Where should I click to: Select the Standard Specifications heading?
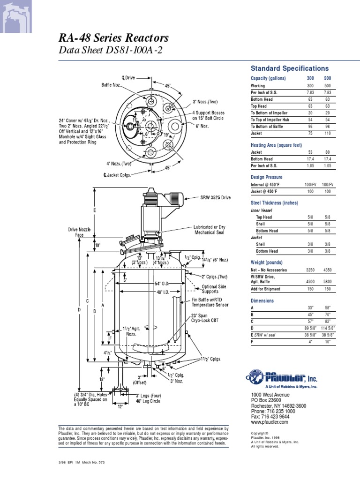[290, 68]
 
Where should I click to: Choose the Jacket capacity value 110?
[327, 133]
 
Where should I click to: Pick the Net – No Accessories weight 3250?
[310, 270]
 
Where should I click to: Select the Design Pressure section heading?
[266, 177]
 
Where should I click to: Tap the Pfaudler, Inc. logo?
[283, 378]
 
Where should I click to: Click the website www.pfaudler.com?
[270, 422]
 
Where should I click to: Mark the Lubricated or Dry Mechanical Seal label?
[210, 230]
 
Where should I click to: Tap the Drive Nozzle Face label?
[79, 232]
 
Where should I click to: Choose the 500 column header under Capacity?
[327, 78]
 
